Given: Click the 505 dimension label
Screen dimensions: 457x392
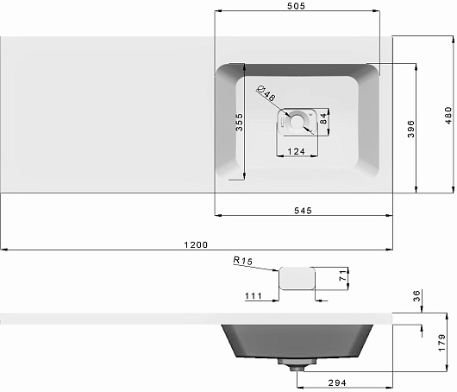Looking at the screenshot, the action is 296,6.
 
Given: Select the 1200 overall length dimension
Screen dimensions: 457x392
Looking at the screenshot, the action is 196,244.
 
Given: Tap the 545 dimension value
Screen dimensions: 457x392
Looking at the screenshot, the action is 303,211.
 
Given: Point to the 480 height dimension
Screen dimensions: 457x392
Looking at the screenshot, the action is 448,116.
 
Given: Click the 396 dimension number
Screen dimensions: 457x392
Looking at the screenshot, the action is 410,129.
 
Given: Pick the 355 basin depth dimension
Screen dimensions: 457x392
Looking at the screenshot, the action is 239,123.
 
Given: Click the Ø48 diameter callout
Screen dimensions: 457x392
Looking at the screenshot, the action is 266,93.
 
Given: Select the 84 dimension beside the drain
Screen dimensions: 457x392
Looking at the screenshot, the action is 323,119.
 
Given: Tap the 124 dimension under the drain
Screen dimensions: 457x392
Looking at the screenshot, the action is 296,151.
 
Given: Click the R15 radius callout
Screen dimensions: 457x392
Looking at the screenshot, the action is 243,261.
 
